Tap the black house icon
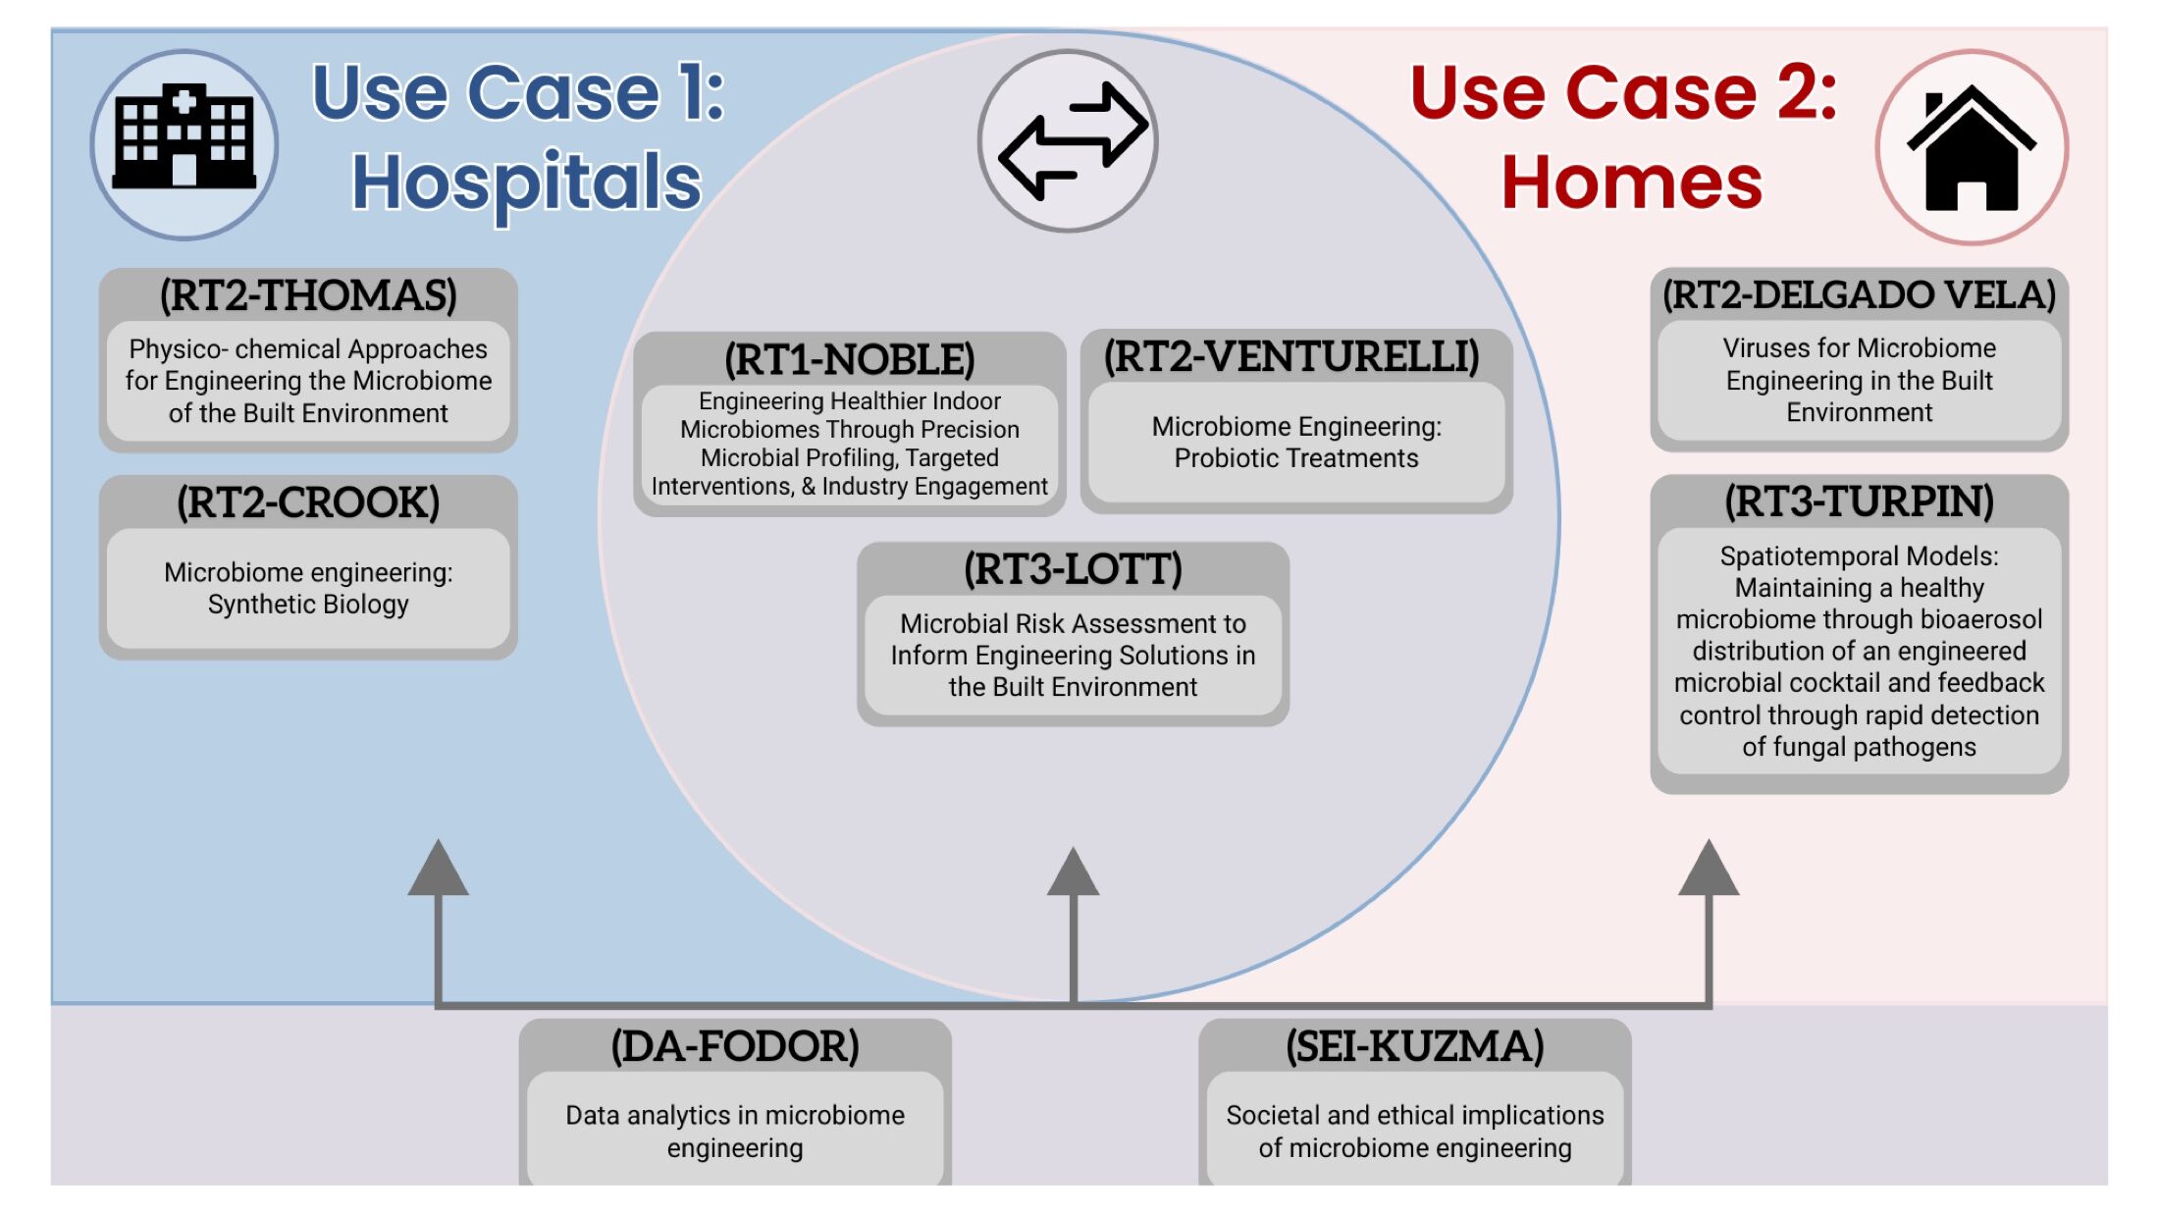(x=1971, y=149)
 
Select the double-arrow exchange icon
(x=1070, y=140)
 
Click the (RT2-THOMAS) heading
(x=308, y=295)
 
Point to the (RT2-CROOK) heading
(x=308, y=502)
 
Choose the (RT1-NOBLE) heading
(x=850, y=359)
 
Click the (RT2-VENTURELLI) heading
(x=1292, y=356)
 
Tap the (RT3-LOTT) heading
(x=1073, y=569)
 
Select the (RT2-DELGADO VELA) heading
(x=1859, y=294)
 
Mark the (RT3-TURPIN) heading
(x=1859, y=502)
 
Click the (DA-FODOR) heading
(x=735, y=1046)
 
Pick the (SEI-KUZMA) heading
(x=1415, y=1046)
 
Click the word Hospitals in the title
(x=527, y=184)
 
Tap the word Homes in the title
(x=1631, y=184)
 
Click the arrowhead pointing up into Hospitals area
(x=438, y=869)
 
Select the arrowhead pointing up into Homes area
(x=1709, y=869)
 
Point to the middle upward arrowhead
(x=1073, y=872)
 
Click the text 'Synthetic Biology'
(x=308, y=605)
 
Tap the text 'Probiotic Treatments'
(x=1296, y=458)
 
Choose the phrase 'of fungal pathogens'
(x=1859, y=747)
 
